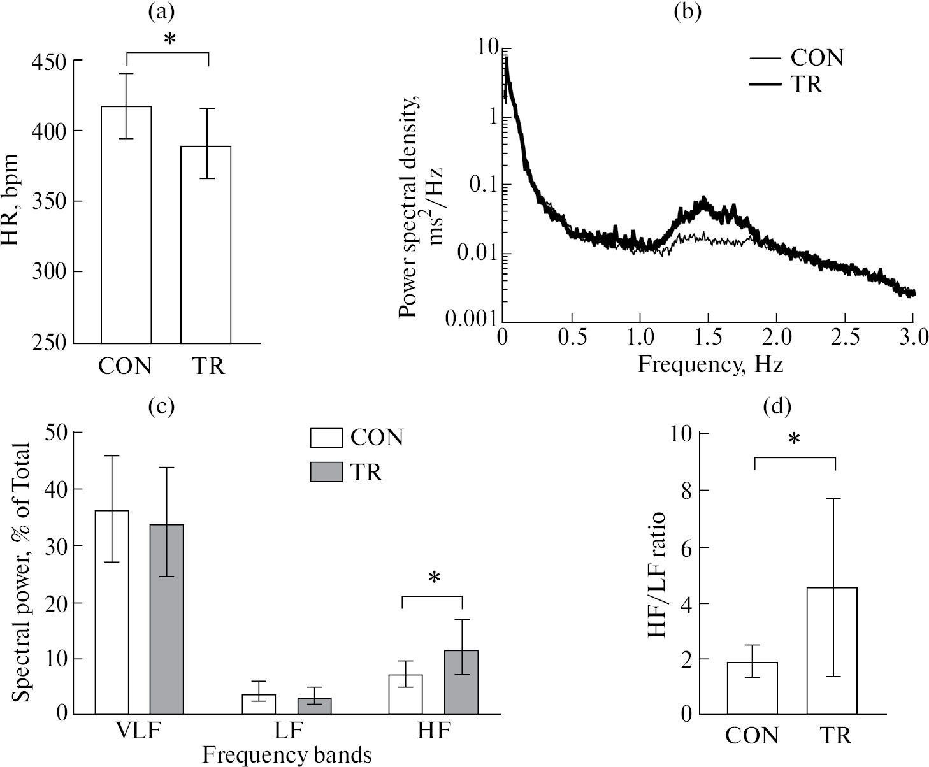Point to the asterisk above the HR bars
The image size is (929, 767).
(x=169, y=39)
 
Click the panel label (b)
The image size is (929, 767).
(x=687, y=11)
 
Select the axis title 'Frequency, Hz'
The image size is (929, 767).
(x=710, y=364)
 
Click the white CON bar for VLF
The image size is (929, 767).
(x=112, y=612)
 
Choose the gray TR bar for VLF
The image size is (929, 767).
(x=166, y=619)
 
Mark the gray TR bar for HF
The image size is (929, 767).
(x=461, y=682)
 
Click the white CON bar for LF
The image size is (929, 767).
(x=259, y=704)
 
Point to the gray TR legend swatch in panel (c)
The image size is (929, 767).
(x=326, y=472)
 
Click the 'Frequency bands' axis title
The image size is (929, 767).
(x=287, y=755)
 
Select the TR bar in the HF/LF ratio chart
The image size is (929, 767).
(x=832, y=650)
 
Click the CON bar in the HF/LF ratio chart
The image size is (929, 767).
(x=753, y=688)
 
